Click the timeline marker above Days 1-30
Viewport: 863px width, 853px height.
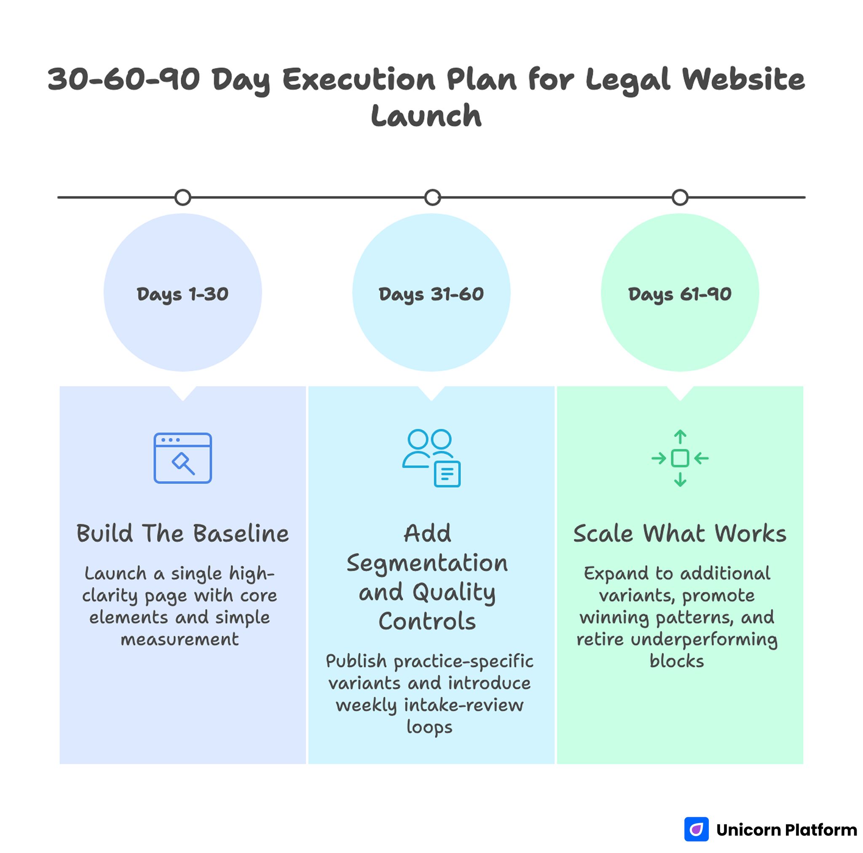[183, 198]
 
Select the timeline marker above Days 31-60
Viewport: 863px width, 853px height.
[432, 198]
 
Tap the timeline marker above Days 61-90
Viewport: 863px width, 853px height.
[680, 198]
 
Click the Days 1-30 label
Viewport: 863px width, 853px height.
[183, 294]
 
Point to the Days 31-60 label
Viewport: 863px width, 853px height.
[431, 294]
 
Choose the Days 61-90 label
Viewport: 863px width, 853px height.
[679, 294]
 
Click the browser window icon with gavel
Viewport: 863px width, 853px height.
[183, 458]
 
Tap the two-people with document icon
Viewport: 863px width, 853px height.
[431, 458]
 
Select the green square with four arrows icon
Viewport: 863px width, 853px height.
[680, 458]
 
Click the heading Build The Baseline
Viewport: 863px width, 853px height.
[183, 533]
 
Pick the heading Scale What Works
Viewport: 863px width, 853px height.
[679, 533]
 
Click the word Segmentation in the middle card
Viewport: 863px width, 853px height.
[427, 563]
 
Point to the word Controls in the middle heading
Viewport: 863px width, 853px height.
[427, 621]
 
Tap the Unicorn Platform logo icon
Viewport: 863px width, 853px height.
[697, 829]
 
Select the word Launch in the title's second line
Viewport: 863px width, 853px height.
[426, 115]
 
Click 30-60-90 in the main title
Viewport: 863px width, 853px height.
[124, 80]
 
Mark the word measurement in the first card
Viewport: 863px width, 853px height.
[180, 639]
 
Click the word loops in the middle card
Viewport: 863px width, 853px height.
[429, 727]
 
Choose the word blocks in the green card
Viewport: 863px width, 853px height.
[677, 661]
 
